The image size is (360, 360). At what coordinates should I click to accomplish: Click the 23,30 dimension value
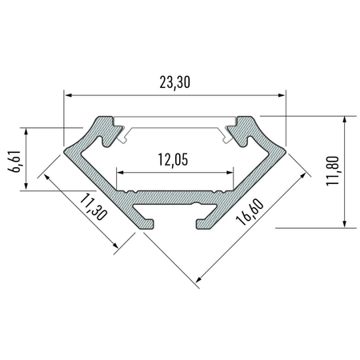174,82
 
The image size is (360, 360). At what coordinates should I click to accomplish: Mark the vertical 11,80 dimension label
333,171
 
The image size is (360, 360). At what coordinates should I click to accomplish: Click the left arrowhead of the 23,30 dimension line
68,95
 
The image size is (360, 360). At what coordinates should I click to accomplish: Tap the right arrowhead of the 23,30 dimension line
282,95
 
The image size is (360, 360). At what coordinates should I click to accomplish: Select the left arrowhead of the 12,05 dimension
121,171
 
